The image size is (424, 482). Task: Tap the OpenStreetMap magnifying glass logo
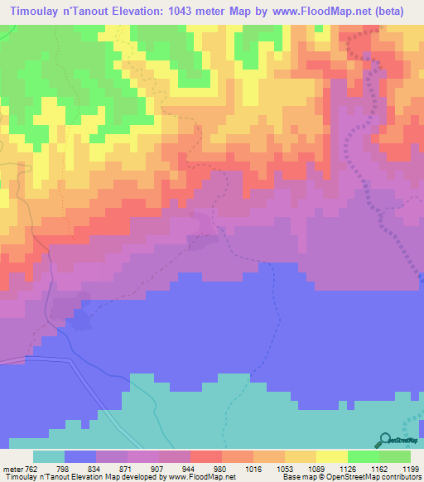(384, 441)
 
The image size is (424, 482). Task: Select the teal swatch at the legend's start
(49, 456)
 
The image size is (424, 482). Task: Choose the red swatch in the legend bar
(206, 456)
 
